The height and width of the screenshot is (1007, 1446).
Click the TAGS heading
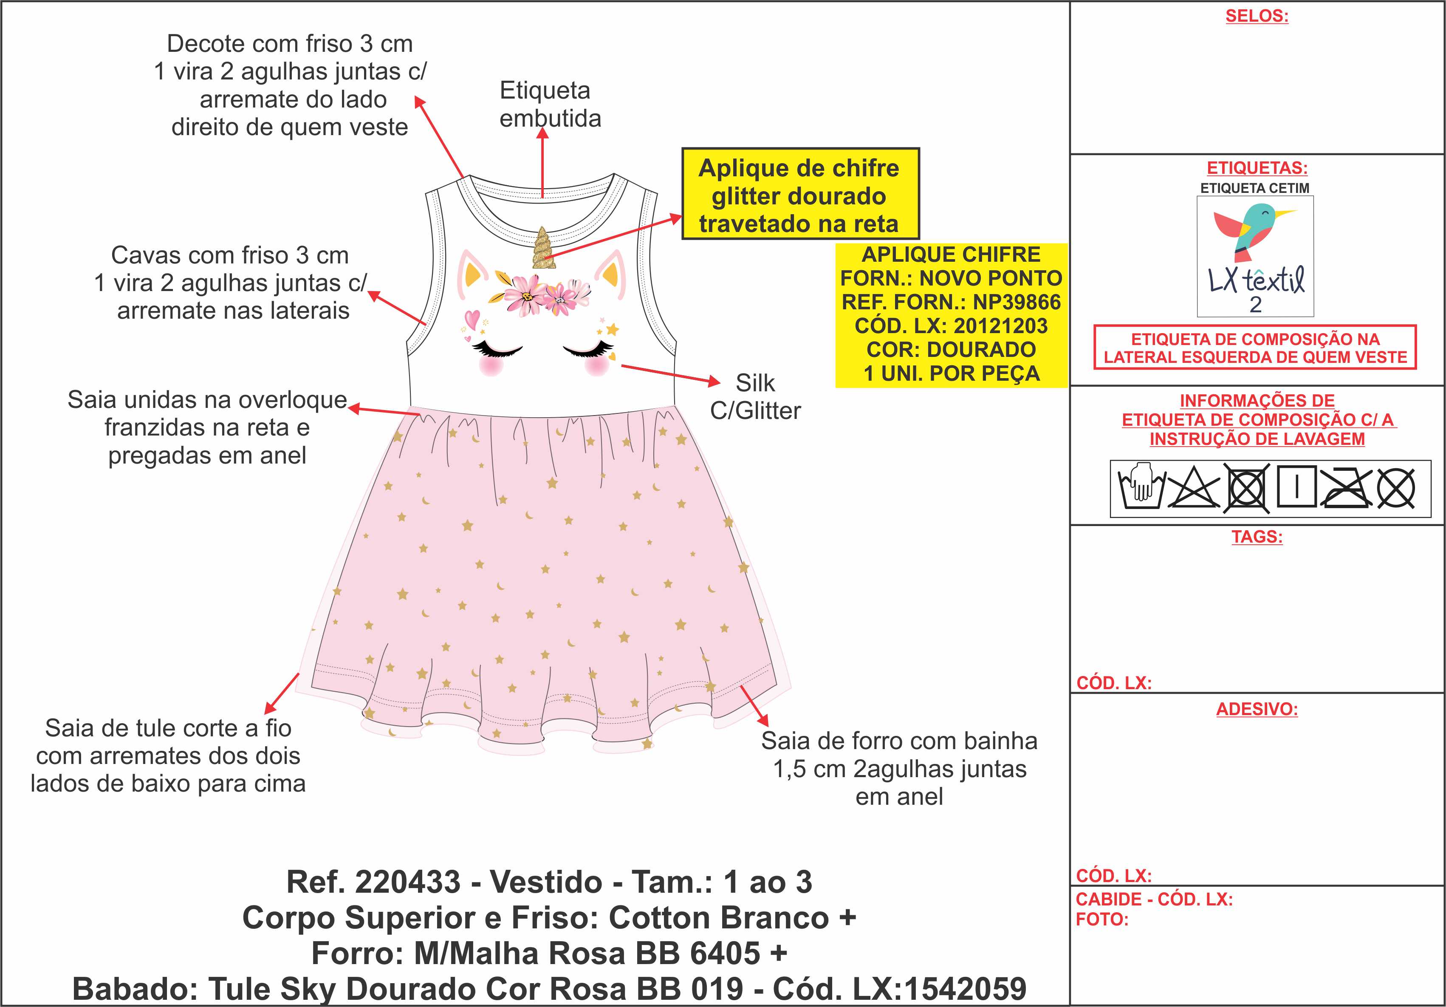tap(1257, 537)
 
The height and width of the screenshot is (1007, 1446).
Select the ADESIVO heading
tap(1257, 709)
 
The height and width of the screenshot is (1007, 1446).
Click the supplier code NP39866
tap(1017, 302)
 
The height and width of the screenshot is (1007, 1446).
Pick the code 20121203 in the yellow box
tap(1001, 326)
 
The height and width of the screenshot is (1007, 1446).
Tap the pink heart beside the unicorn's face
tap(472, 317)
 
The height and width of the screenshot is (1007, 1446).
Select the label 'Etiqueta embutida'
tap(550, 105)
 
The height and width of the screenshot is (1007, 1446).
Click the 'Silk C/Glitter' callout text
tap(755, 397)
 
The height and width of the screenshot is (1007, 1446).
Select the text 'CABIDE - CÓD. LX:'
tap(1154, 900)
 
